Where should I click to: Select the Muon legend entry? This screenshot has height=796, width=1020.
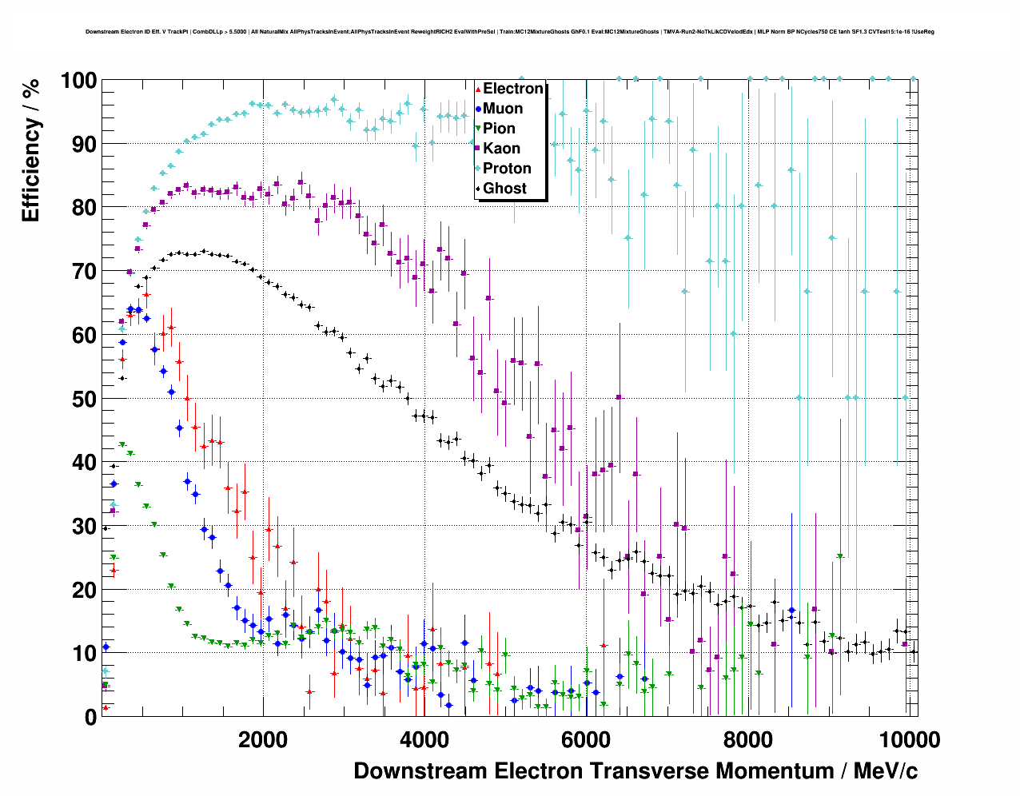click(503, 109)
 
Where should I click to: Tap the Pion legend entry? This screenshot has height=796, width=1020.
click(499, 129)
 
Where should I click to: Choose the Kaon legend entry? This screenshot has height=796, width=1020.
click(501, 149)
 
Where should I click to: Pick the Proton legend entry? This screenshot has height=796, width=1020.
click(507, 169)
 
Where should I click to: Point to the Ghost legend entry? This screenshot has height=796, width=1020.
click(504, 189)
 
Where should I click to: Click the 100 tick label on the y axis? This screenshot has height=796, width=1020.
click(78, 81)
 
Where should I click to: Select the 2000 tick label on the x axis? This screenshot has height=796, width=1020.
click(263, 740)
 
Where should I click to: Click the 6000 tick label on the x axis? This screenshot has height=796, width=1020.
click(585, 740)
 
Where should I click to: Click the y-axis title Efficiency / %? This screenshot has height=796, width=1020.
click(30, 150)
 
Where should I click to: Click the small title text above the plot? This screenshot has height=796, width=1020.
click(510, 32)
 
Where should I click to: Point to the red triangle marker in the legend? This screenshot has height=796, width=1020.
click(478, 89)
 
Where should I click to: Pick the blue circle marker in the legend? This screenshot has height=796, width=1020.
click(478, 109)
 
